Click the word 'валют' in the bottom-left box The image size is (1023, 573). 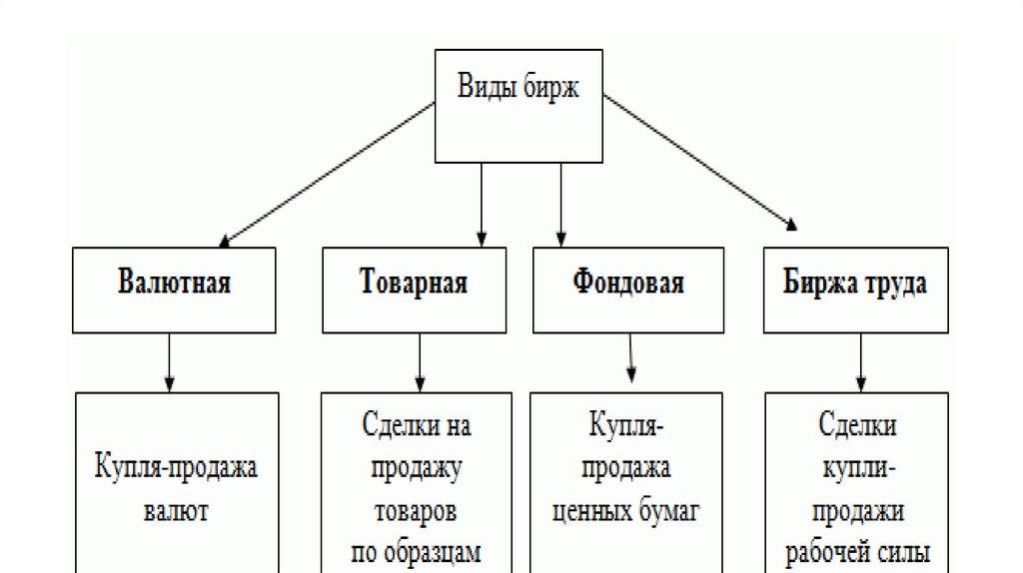coord(176,512)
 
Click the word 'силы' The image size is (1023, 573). coord(908,552)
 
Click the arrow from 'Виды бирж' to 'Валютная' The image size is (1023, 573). coord(330,171)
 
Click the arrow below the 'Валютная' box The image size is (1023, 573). coord(171,362)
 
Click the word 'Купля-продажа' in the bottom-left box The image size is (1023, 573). coord(177,468)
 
